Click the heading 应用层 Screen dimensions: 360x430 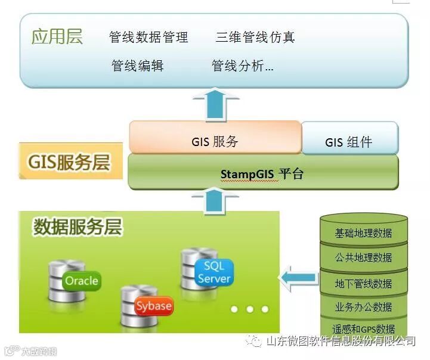point(57,36)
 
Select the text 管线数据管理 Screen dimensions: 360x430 point(149,38)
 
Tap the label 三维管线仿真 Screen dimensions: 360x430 point(255,38)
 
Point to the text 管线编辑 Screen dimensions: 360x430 point(137,66)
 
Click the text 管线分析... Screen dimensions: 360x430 point(242,66)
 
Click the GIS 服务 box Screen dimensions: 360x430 point(215,141)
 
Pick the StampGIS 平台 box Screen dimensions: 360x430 point(262,174)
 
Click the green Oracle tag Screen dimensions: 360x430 point(82,281)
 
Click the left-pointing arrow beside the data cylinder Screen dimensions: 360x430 point(298,278)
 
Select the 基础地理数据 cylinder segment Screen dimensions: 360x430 point(364,232)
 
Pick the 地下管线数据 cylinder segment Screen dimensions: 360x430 point(364,283)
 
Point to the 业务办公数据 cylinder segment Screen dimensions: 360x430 point(364,307)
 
